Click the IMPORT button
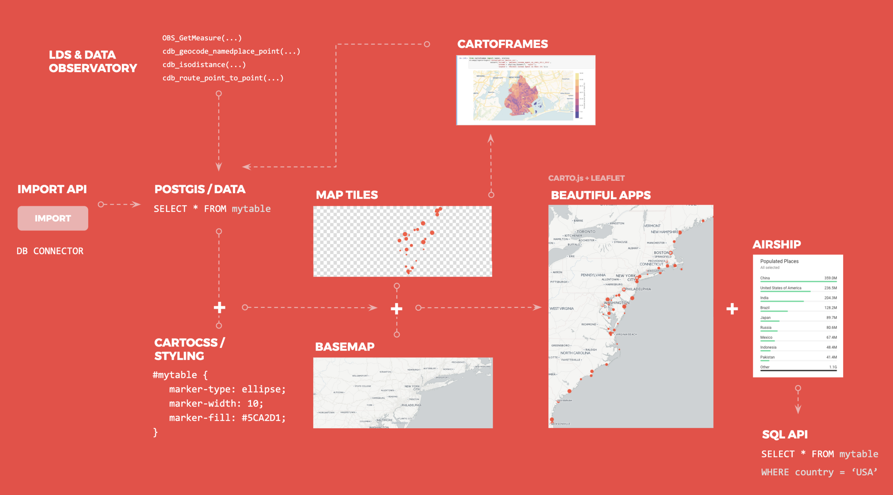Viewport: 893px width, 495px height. point(53,218)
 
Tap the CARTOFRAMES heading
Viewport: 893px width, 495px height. point(502,44)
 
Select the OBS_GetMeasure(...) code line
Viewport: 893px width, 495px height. point(202,38)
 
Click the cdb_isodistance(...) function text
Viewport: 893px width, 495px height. point(204,65)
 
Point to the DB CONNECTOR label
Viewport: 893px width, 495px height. point(50,251)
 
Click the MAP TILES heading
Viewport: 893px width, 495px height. point(347,195)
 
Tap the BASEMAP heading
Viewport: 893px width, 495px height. point(345,346)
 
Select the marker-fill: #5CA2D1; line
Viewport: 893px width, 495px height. point(227,418)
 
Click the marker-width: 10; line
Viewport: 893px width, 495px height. point(216,403)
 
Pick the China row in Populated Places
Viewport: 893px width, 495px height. point(798,278)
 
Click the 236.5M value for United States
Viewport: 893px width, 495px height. point(830,288)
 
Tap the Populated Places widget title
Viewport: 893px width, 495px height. point(779,261)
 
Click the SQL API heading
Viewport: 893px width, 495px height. point(785,434)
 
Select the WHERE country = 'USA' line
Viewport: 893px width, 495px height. point(819,472)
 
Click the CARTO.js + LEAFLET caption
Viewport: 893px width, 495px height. point(586,178)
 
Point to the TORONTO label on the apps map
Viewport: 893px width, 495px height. point(586,232)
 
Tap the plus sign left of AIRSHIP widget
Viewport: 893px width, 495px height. point(732,309)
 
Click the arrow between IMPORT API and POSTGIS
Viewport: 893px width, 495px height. point(119,204)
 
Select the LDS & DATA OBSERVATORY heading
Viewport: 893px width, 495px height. point(93,62)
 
